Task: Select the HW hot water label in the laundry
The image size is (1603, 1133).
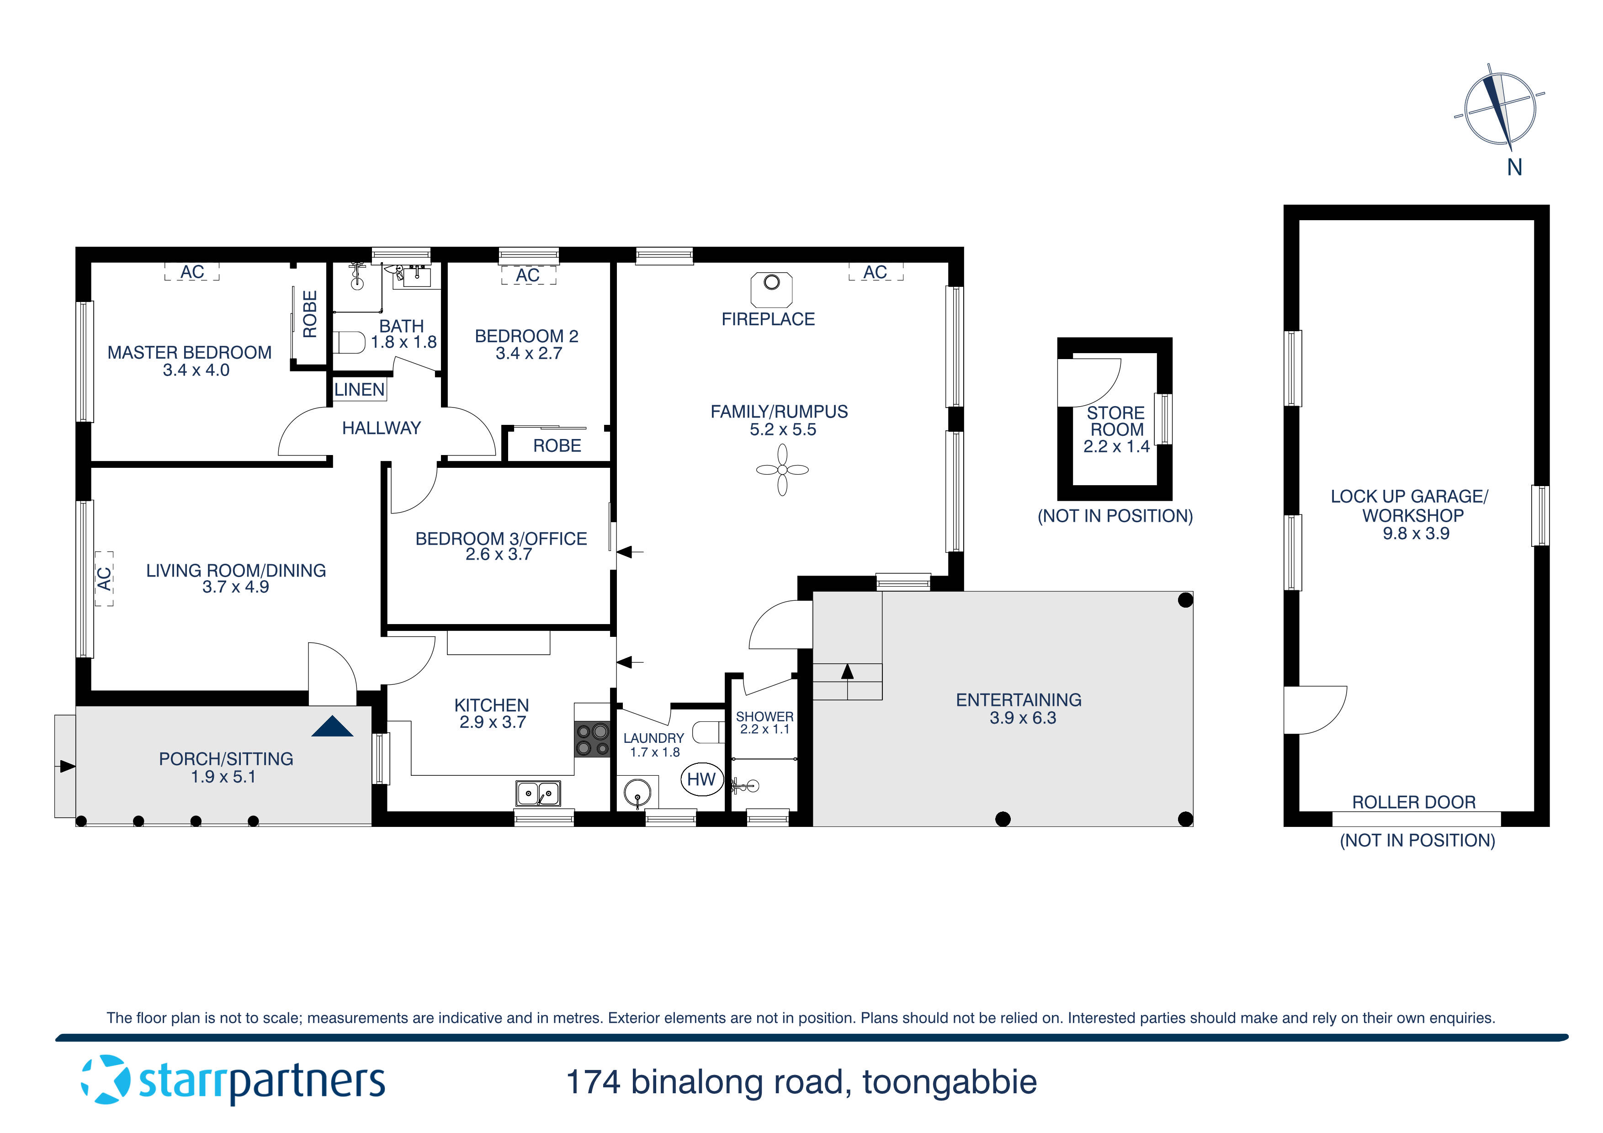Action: coord(701,779)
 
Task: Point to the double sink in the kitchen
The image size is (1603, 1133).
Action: coord(537,793)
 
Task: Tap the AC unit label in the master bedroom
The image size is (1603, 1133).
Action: coord(192,271)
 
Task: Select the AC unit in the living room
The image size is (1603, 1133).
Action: coord(104,578)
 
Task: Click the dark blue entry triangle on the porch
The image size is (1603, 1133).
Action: coord(332,727)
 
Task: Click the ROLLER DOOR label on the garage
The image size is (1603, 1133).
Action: coord(1414,802)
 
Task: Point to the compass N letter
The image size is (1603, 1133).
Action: coord(1513,168)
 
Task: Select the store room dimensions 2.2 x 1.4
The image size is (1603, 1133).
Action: coord(1116,447)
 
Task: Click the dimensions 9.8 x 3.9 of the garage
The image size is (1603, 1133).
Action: coord(1416,533)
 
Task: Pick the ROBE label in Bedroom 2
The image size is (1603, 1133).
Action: coord(557,445)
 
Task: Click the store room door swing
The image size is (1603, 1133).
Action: coord(1089,382)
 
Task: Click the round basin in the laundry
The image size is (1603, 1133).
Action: coord(637,794)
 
